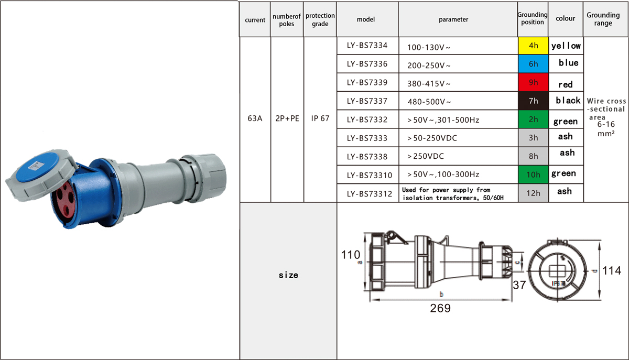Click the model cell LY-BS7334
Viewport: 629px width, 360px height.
pos(367,45)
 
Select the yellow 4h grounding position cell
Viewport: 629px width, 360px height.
pos(533,46)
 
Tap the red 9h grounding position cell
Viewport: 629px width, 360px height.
pos(533,82)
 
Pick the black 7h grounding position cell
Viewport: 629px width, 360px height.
pos(533,101)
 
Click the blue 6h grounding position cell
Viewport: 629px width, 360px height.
pos(533,64)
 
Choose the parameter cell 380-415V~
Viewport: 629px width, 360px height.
pos(429,84)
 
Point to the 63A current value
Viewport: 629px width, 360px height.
pos(255,118)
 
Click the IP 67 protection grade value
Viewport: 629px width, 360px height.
pos(320,118)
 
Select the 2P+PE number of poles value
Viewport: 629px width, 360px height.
pos(287,118)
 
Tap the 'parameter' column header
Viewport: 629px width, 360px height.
pos(453,19)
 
